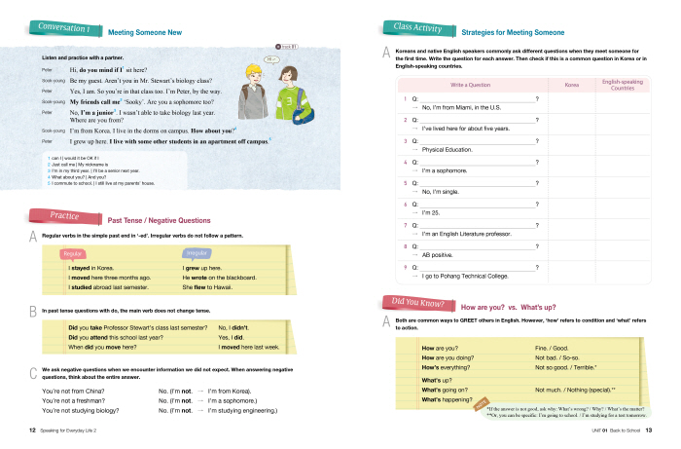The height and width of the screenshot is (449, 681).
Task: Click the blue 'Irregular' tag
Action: pyautogui.click(x=196, y=255)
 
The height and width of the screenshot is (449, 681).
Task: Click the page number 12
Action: pyautogui.click(x=31, y=430)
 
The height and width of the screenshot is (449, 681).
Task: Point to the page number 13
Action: pyautogui.click(x=649, y=430)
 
